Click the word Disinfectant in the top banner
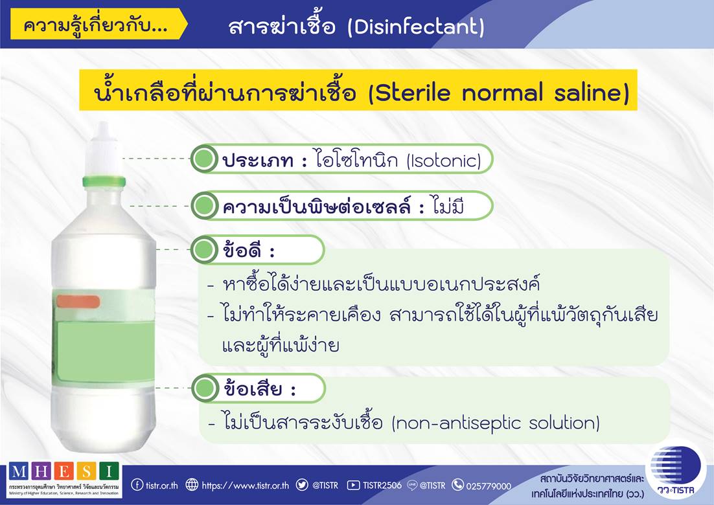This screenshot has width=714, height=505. pos(416,27)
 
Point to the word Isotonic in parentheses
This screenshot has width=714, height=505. pos(444,161)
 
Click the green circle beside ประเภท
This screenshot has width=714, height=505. pos(203,159)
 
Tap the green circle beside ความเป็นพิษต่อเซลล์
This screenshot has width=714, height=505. pos(203,206)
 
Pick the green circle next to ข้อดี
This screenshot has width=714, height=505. pos(203,249)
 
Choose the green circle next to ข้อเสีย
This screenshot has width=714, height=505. pos(205,388)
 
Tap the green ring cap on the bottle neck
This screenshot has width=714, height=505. pos(104,181)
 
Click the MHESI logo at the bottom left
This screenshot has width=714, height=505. pos(64,480)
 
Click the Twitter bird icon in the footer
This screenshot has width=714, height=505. pos(302,484)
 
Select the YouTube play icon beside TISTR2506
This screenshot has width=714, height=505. pos(353,485)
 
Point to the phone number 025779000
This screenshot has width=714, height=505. pos(489,486)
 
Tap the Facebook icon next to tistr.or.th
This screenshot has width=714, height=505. pos(137,484)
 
